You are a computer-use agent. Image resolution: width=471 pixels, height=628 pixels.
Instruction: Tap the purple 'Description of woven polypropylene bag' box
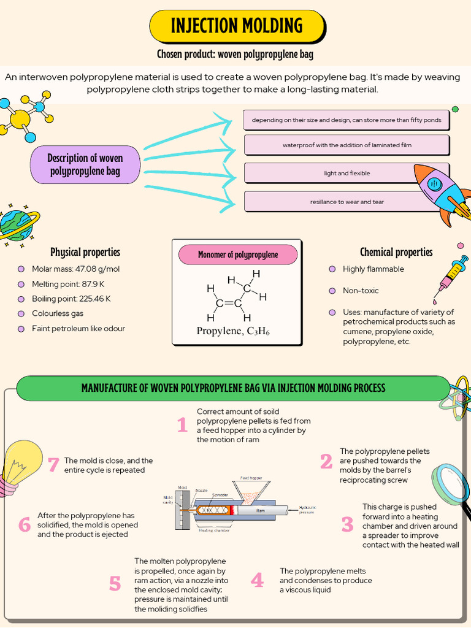click(x=85, y=165)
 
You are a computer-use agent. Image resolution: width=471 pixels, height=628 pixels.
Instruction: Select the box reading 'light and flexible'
click(x=347, y=173)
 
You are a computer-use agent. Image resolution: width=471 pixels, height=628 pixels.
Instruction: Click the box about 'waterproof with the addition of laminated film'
click(x=347, y=145)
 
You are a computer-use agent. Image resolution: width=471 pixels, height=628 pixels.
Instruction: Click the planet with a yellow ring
click(x=17, y=224)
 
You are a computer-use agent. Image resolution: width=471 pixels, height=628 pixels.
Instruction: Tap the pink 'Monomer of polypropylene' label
click(x=238, y=255)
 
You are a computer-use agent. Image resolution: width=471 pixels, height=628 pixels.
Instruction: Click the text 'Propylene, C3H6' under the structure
click(x=233, y=332)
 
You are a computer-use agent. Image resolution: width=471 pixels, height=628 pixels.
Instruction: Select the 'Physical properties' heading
click(x=85, y=252)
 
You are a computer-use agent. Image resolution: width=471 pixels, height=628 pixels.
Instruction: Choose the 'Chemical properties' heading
click(x=396, y=252)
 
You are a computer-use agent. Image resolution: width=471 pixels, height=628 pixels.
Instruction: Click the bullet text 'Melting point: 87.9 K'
click(x=68, y=284)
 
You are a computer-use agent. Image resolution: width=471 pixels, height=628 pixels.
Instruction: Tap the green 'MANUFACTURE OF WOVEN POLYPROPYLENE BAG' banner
click(x=233, y=388)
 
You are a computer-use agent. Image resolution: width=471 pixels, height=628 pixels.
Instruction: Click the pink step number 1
click(x=182, y=424)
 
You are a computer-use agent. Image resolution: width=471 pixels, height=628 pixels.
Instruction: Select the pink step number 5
click(x=115, y=584)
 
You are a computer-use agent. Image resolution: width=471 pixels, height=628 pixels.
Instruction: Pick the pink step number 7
click(x=53, y=465)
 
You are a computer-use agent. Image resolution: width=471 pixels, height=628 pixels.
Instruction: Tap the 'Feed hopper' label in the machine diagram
click(x=251, y=478)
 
